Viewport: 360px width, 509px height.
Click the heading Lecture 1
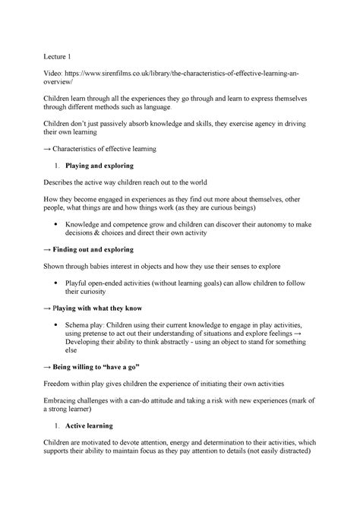(x=60, y=56)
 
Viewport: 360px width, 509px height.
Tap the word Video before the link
(x=55, y=77)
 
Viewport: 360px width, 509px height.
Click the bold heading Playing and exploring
(x=99, y=164)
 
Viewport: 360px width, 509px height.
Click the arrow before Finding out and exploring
(x=46, y=248)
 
